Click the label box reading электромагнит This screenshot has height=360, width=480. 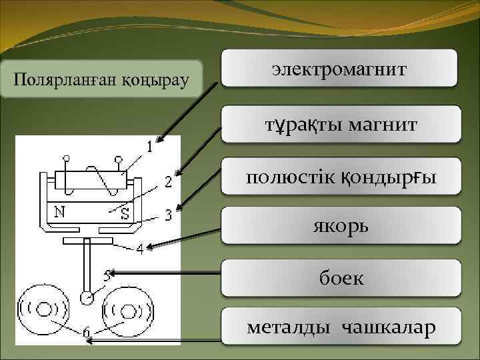point(339,68)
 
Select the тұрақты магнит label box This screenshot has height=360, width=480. point(339,124)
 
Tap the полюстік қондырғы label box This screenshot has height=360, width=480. point(339,177)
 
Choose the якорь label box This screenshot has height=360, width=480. point(339,227)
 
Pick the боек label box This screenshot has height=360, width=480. point(339,277)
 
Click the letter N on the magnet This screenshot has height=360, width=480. point(59,213)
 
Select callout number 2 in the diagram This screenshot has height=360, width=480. point(168,181)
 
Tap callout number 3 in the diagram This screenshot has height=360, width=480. point(168,215)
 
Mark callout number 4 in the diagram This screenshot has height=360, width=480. point(139,251)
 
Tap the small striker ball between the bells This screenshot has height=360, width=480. point(87,297)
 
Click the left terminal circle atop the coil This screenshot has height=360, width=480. point(66,159)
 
